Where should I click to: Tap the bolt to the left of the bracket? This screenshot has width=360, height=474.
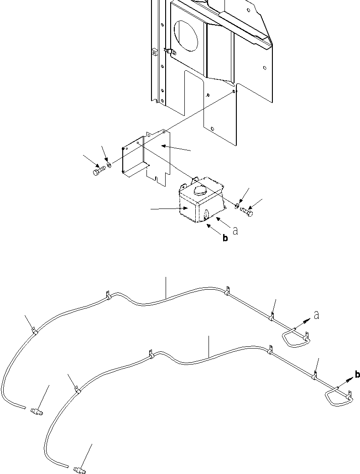(99, 171)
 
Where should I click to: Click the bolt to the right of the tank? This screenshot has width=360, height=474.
(247, 211)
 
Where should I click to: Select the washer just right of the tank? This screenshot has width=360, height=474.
(237, 207)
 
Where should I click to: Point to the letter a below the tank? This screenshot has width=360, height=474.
(235, 231)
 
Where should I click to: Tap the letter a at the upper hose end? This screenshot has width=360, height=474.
(316, 315)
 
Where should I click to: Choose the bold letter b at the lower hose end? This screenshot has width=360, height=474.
(357, 375)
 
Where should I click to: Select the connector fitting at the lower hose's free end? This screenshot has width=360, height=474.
(79, 468)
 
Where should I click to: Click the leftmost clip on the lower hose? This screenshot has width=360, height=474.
(78, 390)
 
